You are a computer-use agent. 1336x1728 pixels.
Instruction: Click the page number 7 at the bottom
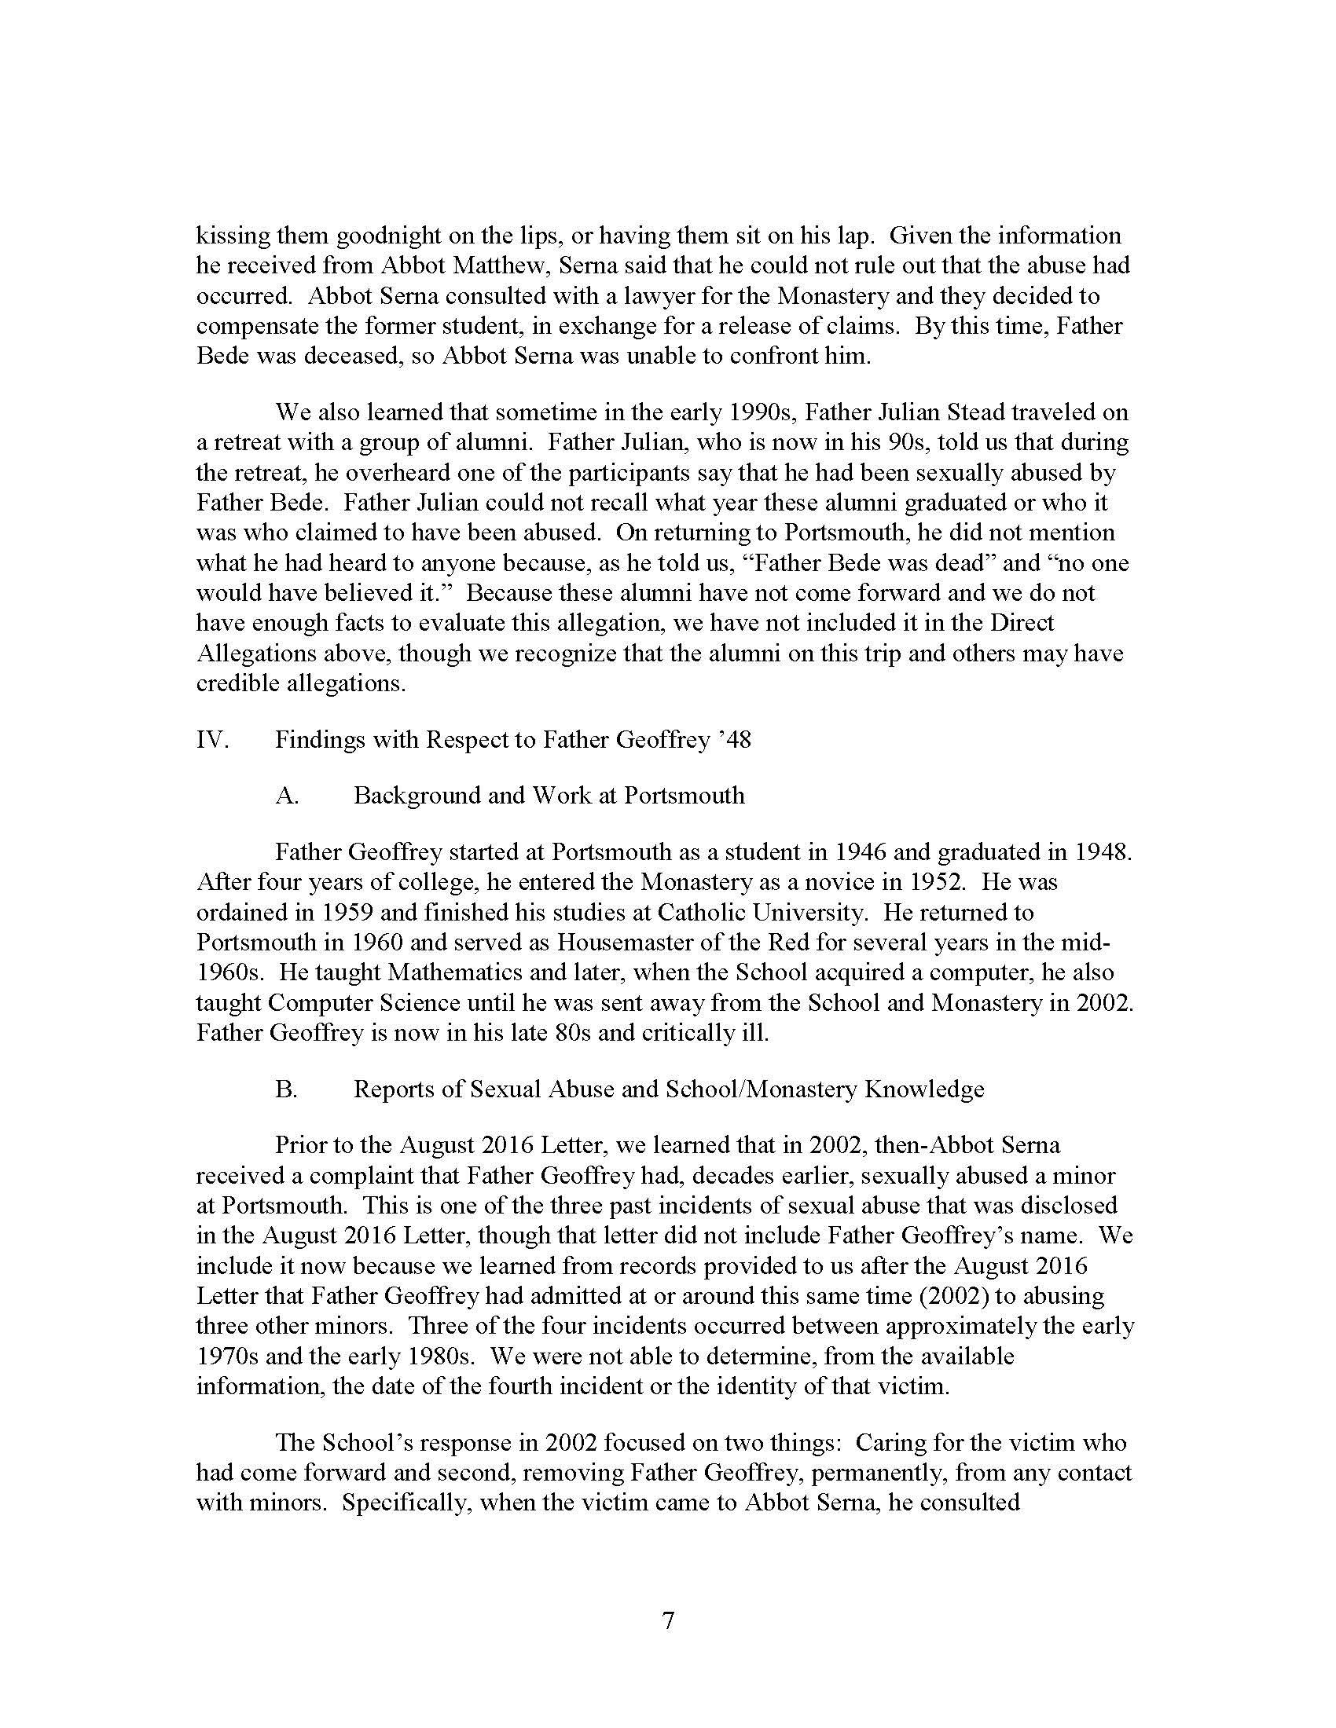tap(668, 1621)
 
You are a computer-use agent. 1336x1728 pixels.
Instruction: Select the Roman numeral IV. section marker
tap(212, 740)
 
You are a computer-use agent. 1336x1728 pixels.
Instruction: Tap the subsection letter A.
tap(287, 795)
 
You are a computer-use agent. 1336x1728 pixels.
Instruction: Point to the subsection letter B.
tap(287, 1089)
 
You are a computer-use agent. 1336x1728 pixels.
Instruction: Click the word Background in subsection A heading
tap(417, 795)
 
